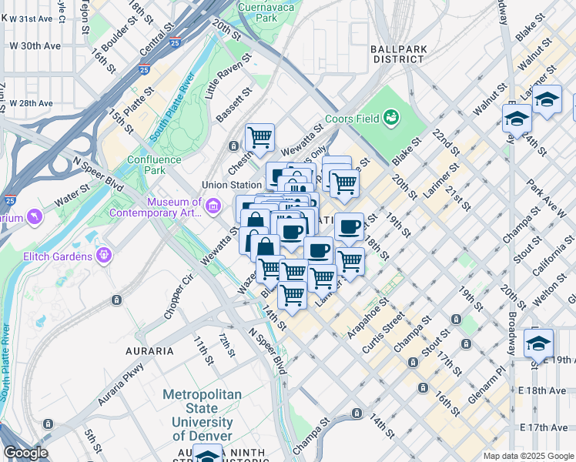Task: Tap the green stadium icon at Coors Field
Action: coord(391,117)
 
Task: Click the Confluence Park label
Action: coord(155,165)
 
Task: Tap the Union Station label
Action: coord(231,185)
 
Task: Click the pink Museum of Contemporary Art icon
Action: coord(216,205)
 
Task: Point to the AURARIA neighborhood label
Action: coord(149,350)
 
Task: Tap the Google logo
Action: coord(25,453)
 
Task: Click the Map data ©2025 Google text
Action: coord(527,456)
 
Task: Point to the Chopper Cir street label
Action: coord(177,297)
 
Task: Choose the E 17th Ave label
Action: coord(548,427)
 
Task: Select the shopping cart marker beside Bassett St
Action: coord(260,138)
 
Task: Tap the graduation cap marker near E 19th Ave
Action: coord(538,343)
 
